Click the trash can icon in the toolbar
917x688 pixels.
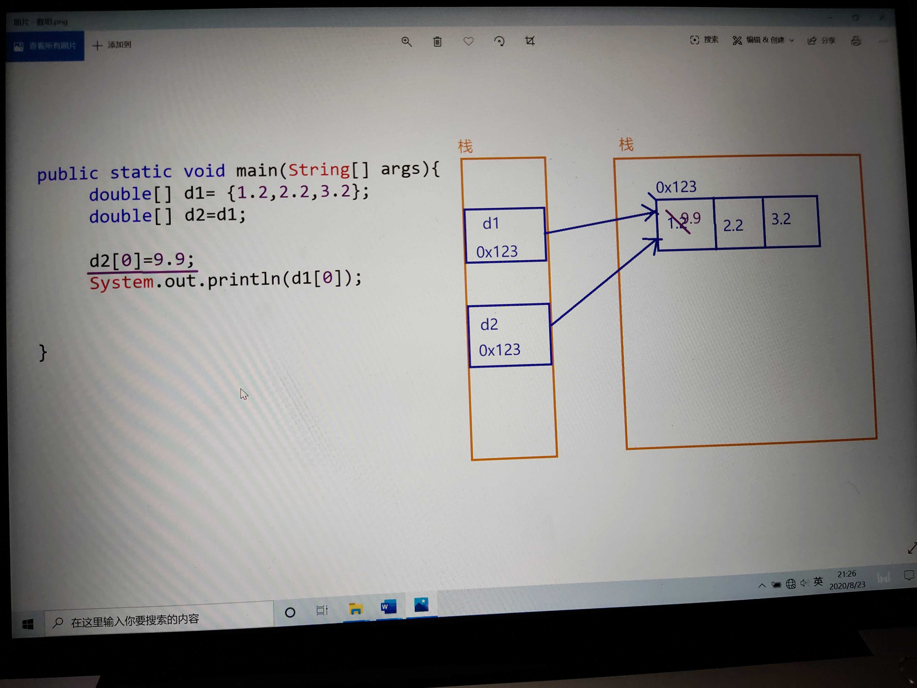pos(437,42)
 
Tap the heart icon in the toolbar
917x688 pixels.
pos(468,41)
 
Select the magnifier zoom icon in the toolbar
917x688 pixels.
pos(406,42)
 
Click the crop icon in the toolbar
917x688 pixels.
pos(530,41)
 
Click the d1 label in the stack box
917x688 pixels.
pos(491,224)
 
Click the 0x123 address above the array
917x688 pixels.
pos(676,187)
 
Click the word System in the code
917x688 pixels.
pos(122,282)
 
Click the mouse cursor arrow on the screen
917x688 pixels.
pos(244,394)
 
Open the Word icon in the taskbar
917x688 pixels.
pos(388,607)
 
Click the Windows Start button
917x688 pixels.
pos(28,624)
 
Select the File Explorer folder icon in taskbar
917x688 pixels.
pos(356,609)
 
